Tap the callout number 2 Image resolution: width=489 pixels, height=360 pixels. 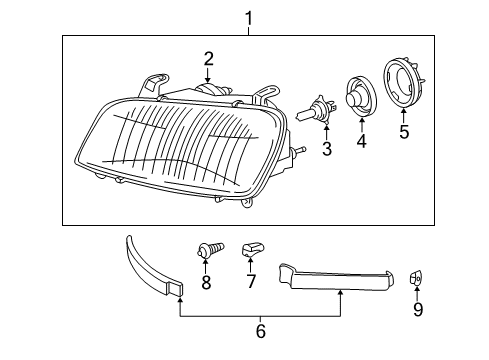(208, 58)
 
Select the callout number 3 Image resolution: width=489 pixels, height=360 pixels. (326, 150)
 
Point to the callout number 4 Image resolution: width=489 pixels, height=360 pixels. (362, 142)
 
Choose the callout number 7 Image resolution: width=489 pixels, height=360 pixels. (250, 284)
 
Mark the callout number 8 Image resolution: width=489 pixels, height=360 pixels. (206, 284)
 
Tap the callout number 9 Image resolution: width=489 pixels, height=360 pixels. (418, 310)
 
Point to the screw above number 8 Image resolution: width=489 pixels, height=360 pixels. (205, 250)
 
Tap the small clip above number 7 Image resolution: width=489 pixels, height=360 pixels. (250, 249)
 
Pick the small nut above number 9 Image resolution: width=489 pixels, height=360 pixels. (418, 276)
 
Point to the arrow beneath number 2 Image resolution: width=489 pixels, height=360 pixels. (208, 74)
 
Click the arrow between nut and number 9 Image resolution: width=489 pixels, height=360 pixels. (418, 294)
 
